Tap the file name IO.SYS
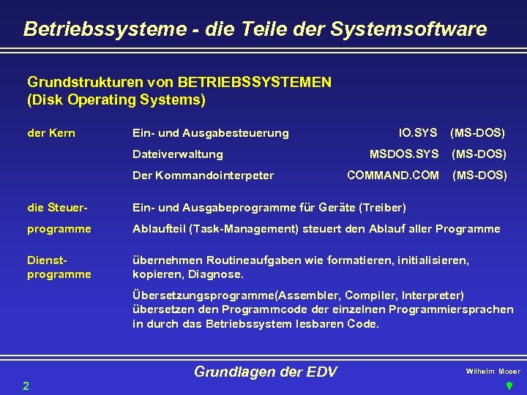(x=418, y=133)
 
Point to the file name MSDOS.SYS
(x=404, y=154)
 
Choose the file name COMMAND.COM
(x=393, y=176)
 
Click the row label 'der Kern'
(x=51, y=133)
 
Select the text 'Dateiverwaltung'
(x=177, y=154)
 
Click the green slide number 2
(x=26, y=385)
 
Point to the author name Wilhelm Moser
(x=493, y=372)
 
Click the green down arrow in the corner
(x=510, y=385)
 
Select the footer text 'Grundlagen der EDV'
(x=265, y=372)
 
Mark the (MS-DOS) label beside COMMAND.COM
(x=479, y=176)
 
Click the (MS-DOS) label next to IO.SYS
(x=477, y=133)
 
